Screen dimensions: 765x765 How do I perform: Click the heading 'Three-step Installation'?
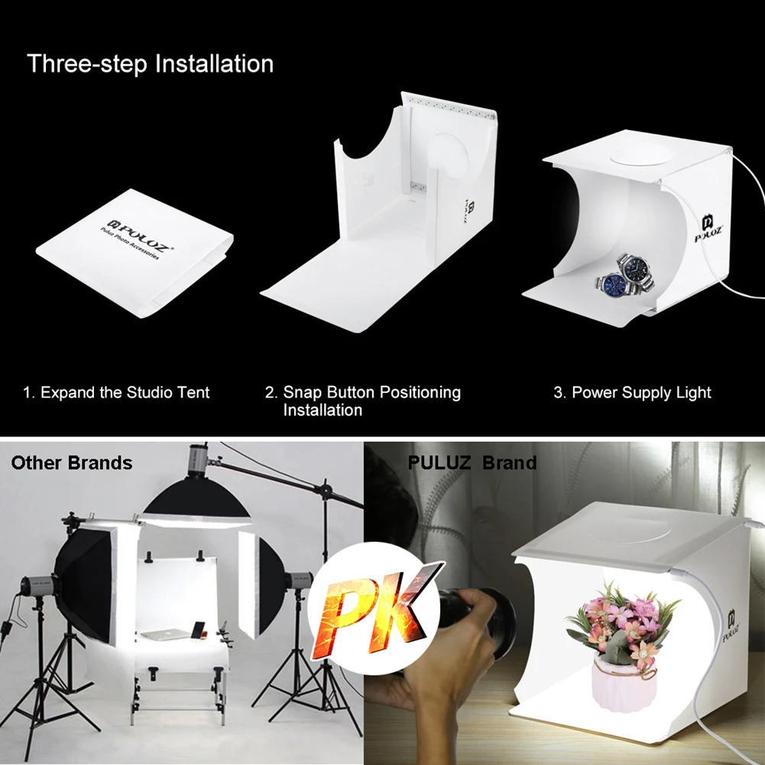151,63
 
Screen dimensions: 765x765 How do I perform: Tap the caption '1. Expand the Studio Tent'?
116,393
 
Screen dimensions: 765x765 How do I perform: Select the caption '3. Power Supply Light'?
632,393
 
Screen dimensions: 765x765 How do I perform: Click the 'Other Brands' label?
72,462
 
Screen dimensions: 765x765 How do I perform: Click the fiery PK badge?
380,604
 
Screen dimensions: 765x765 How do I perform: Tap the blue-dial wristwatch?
611,284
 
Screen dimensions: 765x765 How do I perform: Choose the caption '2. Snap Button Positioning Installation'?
363,401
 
